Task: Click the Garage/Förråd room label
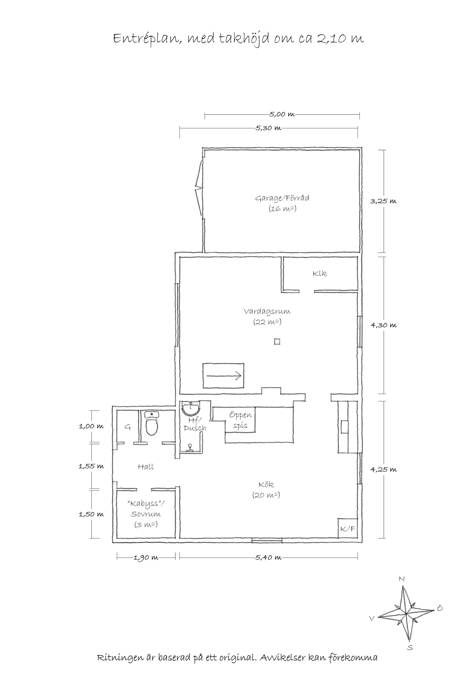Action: tap(282, 198)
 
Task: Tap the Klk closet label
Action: tap(320, 274)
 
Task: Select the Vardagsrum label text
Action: tap(267, 311)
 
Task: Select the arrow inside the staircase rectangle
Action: tap(224, 376)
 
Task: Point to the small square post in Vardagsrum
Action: tap(277, 342)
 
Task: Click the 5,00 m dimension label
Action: tap(282, 114)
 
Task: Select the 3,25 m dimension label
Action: tap(383, 201)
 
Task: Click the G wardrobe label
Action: tap(128, 427)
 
